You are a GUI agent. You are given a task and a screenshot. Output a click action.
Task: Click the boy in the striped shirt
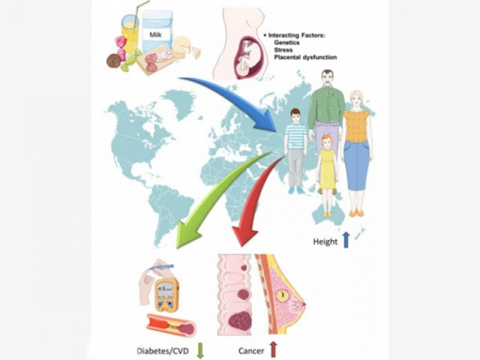[x=296, y=147]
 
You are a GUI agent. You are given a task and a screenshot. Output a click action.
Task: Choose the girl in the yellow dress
[x=327, y=172]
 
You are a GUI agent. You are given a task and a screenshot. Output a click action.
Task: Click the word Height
[x=325, y=241]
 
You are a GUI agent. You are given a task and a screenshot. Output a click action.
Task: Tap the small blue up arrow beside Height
[x=346, y=240]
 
